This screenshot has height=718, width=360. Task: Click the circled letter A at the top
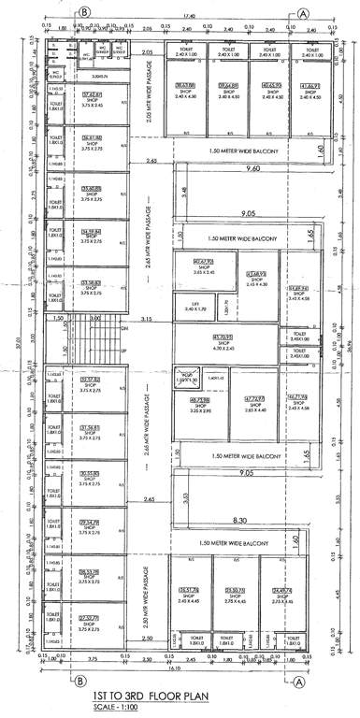305,13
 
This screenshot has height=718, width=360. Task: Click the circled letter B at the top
84,13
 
